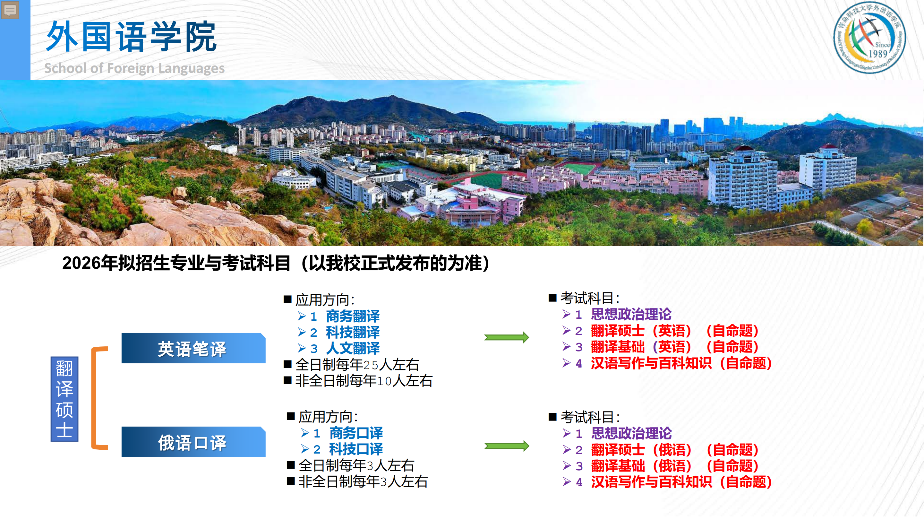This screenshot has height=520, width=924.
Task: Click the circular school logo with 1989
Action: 869,38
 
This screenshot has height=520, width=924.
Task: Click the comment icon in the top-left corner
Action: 10,10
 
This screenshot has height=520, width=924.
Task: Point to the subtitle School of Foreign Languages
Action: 134,68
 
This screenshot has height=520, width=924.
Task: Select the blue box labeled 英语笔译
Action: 193,348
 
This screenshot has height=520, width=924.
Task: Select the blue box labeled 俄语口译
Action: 193,442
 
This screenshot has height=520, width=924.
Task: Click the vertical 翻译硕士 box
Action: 64,399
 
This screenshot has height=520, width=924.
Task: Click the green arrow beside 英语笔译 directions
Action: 507,337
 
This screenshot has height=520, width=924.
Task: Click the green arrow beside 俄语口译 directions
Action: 507,446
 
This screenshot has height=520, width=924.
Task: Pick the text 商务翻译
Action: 353,316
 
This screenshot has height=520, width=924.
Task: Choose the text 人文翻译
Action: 353,348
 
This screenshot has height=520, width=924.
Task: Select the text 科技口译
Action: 356,449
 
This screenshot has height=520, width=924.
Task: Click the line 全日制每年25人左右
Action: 357,365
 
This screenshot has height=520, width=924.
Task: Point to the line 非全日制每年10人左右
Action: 364,381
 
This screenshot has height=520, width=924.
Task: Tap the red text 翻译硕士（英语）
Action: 641,331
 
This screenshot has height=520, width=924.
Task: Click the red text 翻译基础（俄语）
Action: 641,466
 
